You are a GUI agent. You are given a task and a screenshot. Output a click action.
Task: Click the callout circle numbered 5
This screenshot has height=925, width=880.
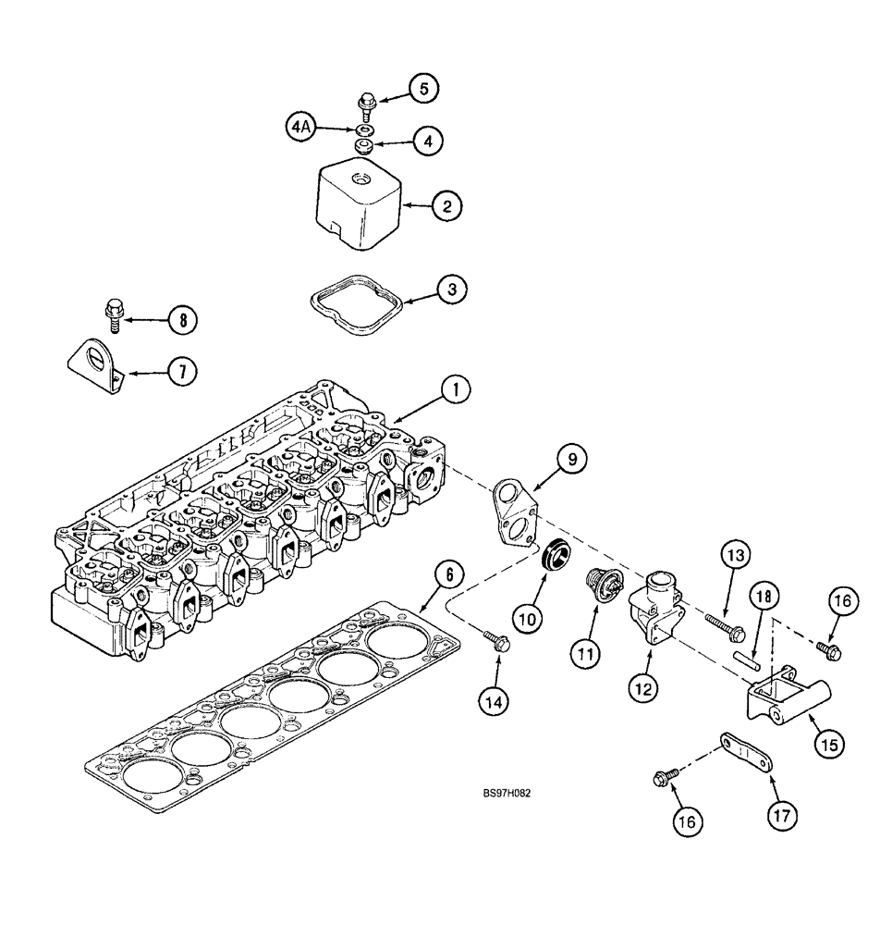(423, 89)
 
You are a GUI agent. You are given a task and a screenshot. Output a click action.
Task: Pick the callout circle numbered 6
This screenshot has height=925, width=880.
(447, 574)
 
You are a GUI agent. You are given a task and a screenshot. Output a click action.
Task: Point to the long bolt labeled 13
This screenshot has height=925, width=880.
(726, 627)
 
